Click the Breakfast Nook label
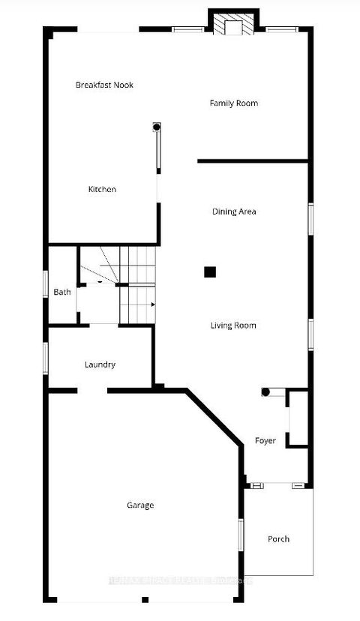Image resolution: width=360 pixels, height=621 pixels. [x=104, y=85]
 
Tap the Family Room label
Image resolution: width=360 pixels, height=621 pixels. [x=233, y=103]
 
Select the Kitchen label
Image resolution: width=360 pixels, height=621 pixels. [x=102, y=190]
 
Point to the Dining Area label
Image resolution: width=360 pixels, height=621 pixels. [x=234, y=211]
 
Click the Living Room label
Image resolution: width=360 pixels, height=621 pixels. [x=233, y=325]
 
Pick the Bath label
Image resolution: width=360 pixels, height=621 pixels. [x=61, y=292]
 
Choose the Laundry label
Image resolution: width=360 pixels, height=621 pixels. [x=100, y=364]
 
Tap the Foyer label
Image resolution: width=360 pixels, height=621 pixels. [x=265, y=441]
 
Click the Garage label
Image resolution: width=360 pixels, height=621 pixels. [x=140, y=505]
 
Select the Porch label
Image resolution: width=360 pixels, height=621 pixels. [x=278, y=538]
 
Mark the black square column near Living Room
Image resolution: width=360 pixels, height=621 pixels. [x=211, y=272]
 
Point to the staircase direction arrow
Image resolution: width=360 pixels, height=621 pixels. [x=152, y=304]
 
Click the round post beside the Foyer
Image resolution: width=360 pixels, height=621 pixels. [x=265, y=392]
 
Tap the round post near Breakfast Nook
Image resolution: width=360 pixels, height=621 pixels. [x=157, y=127]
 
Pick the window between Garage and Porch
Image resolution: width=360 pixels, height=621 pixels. [x=241, y=536]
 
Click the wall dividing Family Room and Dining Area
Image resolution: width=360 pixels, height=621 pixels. [x=253, y=160]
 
